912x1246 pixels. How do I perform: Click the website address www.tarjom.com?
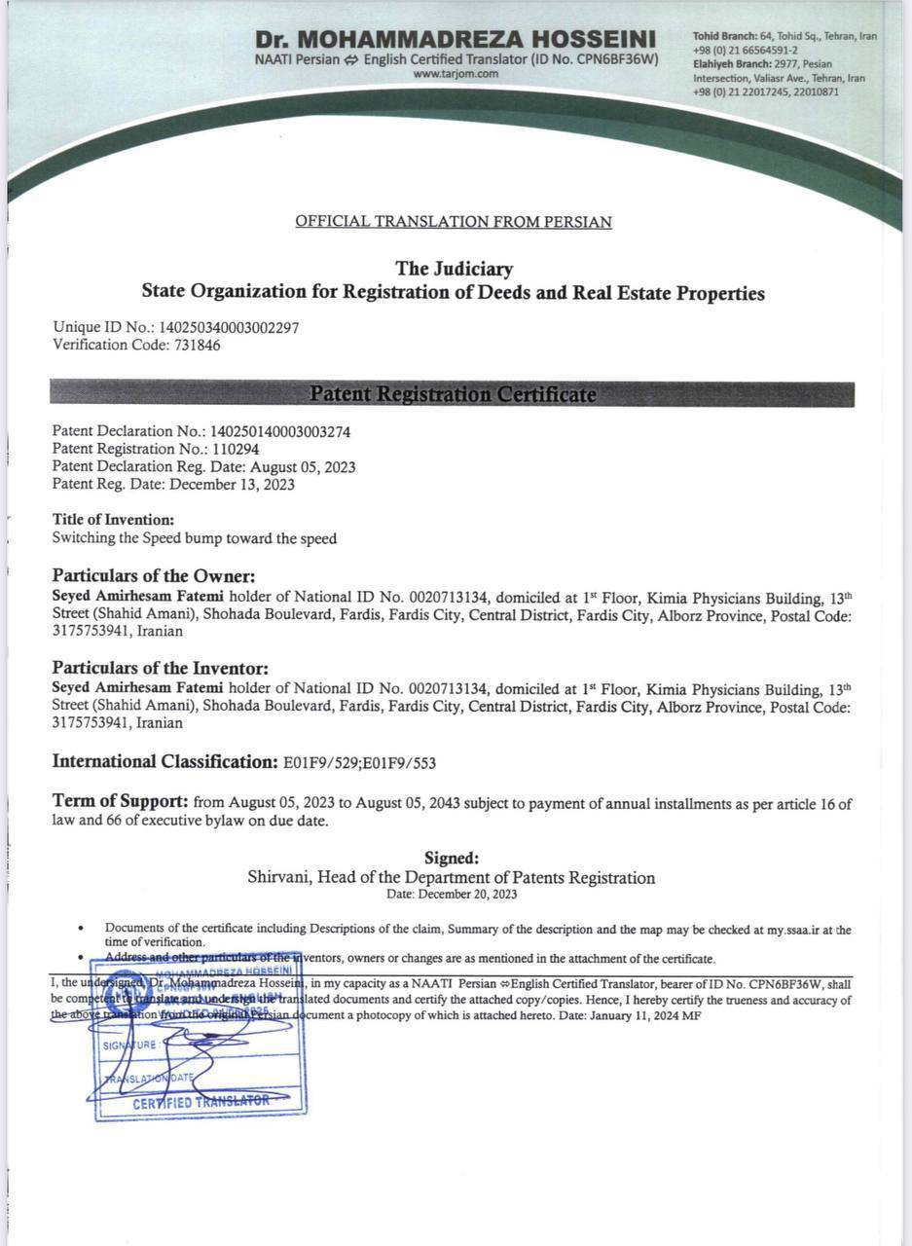coord(456,73)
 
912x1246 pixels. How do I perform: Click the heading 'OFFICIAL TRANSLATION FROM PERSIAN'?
coord(454,222)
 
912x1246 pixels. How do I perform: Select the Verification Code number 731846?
coord(198,345)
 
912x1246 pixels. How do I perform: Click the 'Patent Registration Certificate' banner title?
coord(453,394)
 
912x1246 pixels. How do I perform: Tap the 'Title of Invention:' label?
coord(113,520)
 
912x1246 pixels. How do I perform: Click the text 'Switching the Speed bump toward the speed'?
coord(195,537)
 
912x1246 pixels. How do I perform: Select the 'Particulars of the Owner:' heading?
coord(154,576)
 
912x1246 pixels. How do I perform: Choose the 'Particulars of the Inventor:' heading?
coord(160,669)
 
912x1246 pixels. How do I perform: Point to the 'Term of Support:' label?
coord(120,802)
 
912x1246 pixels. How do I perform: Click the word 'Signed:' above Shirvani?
coord(452,859)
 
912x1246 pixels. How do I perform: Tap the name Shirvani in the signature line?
coord(278,878)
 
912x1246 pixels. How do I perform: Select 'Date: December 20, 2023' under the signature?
coord(452,895)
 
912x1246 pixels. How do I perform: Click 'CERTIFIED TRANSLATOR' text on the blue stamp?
coord(201,1102)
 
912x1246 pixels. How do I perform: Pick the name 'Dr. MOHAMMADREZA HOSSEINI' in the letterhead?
coord(456,40)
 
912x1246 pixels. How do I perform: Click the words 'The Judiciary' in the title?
coord(454,269)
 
